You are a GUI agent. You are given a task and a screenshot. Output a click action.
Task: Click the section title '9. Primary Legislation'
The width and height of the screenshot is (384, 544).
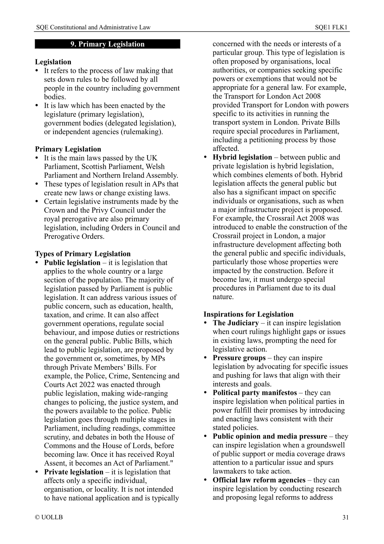click(x=107, y=44)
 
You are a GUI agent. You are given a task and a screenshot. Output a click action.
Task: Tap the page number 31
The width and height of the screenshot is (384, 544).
click(x=345, y=517)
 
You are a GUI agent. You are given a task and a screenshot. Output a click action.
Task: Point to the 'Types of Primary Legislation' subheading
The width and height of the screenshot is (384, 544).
click(x=83, y=254)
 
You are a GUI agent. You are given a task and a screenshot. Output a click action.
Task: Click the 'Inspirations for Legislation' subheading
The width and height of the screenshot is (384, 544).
click(x=248, y=314)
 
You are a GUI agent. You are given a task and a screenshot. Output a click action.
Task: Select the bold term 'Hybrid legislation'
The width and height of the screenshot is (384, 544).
click(x=242, y=157)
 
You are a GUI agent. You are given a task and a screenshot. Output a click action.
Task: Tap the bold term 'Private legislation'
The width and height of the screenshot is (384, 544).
click(x=74, y=472)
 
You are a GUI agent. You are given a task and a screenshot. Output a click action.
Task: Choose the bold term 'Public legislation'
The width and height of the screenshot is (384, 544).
click(x=72, y=263)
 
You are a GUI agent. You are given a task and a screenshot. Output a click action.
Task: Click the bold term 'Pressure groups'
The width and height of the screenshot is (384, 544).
click(x=239, y=358)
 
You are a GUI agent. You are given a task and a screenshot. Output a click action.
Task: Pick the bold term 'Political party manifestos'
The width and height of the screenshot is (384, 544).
click(x=255, y=393)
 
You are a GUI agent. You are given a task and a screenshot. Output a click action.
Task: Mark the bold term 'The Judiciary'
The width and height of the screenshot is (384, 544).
click(x=235, y=323)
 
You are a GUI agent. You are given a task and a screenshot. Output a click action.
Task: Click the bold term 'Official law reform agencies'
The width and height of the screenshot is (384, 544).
click(x=259, y=480)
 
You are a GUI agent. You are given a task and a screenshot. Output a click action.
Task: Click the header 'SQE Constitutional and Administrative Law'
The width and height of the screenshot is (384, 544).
click(x=93, y=27)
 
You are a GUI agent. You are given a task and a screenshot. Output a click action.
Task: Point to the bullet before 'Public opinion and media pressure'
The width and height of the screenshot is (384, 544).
click(x=205, y=437)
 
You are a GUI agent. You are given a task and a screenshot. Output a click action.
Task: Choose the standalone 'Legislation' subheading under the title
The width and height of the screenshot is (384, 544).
click(x=53, y=62)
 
